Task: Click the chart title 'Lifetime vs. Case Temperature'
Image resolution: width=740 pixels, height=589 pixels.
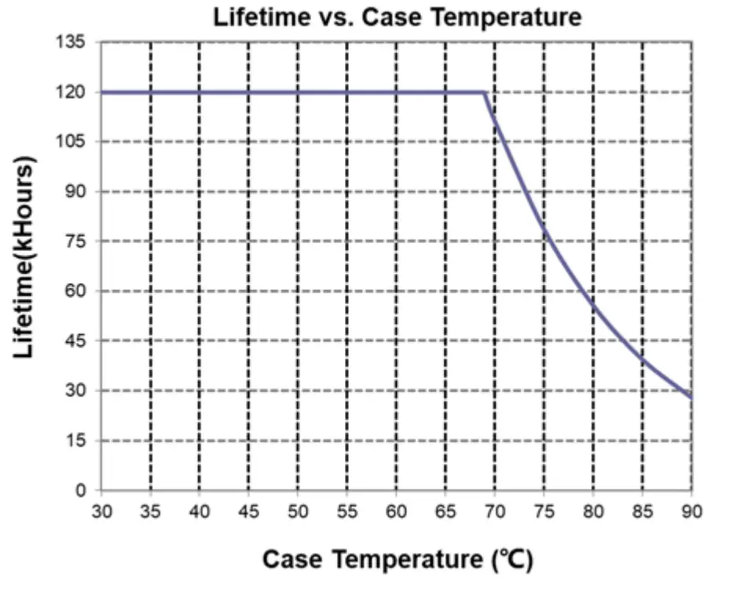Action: [x=397, y=16]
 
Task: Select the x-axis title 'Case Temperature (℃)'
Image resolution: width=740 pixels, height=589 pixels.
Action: [x=397, y=560]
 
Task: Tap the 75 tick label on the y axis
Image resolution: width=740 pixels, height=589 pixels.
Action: [x=81, y=242]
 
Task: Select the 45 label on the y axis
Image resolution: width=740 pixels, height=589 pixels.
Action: [x=81, y=341]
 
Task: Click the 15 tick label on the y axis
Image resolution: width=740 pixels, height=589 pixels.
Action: [x=81, y=441]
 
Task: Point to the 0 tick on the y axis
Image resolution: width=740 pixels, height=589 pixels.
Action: [x=85, y=491]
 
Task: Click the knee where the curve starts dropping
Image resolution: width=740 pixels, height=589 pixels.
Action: [x=485, y=93]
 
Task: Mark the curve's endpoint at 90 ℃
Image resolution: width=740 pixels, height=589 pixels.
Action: [x=691, y=398]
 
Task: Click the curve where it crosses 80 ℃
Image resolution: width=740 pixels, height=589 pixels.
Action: [x=593, y=307]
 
